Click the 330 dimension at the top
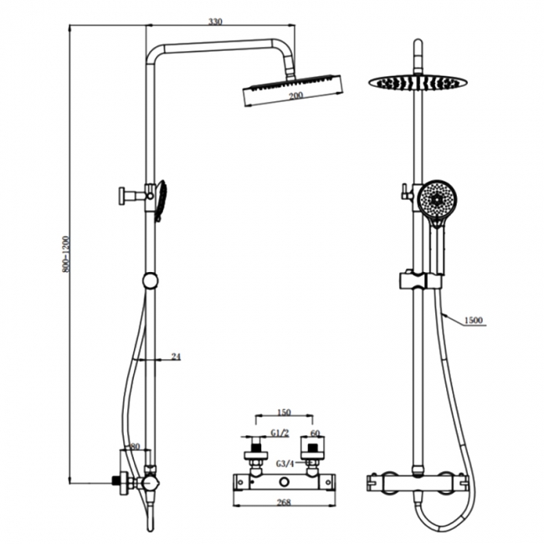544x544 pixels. [x=215, y=22]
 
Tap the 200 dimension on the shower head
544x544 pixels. [x=296, y=95]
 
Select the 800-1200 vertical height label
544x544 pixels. [x=66, y=254]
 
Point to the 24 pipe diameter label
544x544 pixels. [x=177, y=357]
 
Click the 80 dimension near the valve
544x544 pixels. [x=135, y=447]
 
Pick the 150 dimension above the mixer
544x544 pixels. [x=284, y=412]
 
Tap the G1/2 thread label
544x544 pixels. [x=280, y=433]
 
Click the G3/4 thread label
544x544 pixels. [x=285, y=464]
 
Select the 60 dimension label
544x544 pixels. [x=315, y=434]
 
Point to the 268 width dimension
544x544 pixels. [x=284, y=501]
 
